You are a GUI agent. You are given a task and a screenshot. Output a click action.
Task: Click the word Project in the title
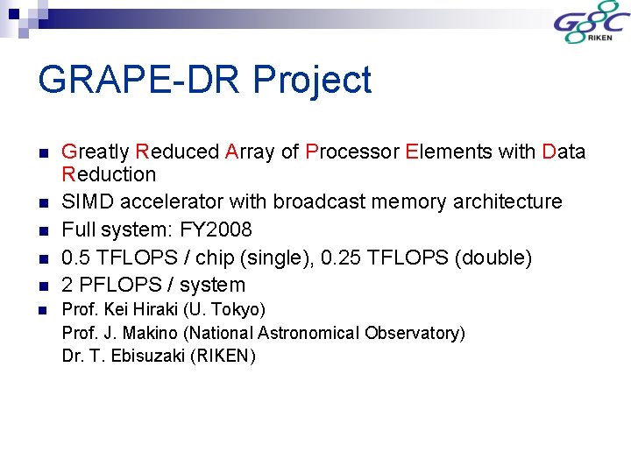pos(312,81)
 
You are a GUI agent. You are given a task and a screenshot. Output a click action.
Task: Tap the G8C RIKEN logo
pos(588,25)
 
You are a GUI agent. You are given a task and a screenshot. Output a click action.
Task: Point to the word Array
pos(250,152)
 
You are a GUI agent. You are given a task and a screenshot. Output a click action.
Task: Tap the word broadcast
pos(315,201)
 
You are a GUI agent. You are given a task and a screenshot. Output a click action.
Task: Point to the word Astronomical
pos(316,333)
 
